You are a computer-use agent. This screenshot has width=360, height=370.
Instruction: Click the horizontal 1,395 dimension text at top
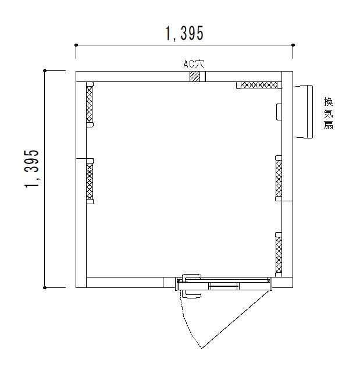click(184, 33)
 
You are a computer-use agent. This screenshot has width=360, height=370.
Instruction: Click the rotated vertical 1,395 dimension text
click(31, 169)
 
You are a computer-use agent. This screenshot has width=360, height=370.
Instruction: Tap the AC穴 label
click(194, 64)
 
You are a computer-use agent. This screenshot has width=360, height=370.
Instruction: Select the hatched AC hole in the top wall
click(195, 76)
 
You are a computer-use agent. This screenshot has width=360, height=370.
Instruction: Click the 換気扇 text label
click(328, 113)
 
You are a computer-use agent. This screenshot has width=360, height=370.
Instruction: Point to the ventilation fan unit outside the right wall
click(303, 112)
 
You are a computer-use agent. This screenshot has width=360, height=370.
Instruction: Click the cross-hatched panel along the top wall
click(259, 85)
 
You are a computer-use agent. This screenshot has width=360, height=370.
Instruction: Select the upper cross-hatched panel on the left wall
click(90, 105)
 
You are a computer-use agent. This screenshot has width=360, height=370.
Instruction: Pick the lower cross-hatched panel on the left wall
click(90, 182)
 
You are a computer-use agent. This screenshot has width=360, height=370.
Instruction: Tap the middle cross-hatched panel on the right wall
click(279, 179)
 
